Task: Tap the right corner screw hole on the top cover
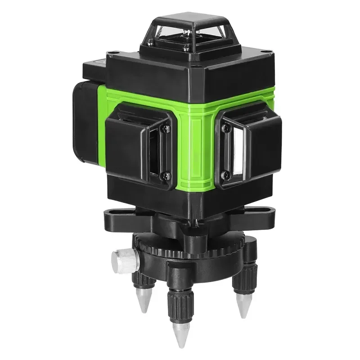[x=263, y=58]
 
